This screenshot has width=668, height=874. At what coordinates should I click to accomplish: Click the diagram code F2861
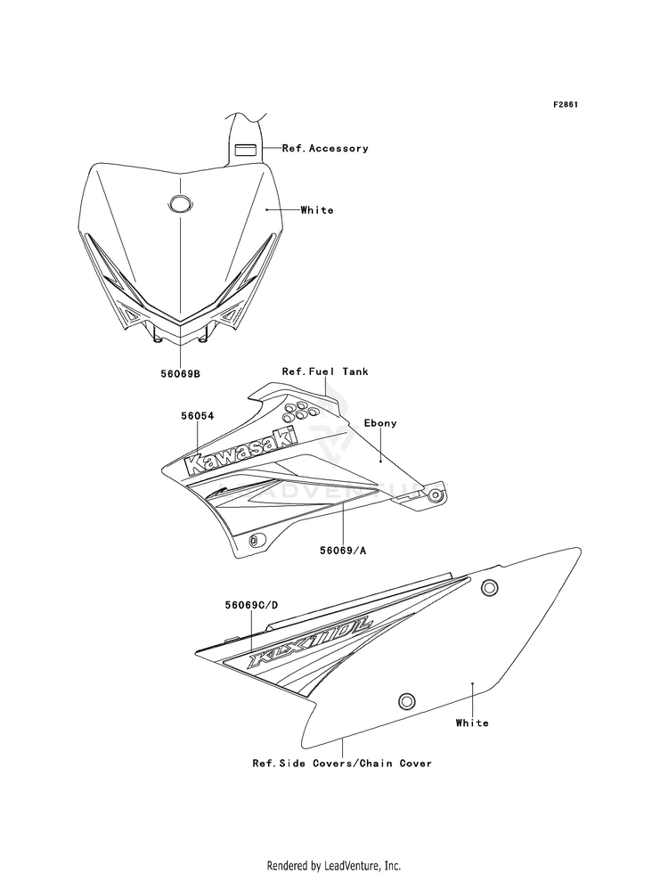(565, 104)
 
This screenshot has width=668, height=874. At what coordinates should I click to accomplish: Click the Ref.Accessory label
(325, 148)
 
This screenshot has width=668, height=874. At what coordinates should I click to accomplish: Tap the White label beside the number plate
(317, 210)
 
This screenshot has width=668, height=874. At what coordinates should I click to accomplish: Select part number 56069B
(180, 373)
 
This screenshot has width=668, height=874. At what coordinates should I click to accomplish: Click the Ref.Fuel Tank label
(325, 372)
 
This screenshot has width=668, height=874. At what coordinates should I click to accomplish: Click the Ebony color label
(380, 423)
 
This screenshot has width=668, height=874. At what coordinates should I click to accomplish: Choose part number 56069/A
(343, 551)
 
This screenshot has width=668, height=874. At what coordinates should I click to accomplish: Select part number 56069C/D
(251, 605)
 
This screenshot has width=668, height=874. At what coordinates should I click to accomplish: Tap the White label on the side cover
(472, 723)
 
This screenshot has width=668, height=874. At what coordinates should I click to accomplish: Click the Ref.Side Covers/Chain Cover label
(342, 763)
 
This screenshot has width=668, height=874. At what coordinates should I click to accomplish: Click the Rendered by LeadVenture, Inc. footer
(334, 866)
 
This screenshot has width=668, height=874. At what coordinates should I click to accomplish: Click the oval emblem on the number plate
(180, 204)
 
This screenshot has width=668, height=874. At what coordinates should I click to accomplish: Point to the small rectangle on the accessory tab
(245, 150)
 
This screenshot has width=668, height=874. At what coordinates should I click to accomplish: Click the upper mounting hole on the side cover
(489, 587)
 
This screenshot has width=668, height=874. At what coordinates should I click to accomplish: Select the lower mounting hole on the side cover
(406, 700)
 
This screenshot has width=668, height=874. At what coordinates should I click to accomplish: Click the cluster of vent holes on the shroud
(300, 412)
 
